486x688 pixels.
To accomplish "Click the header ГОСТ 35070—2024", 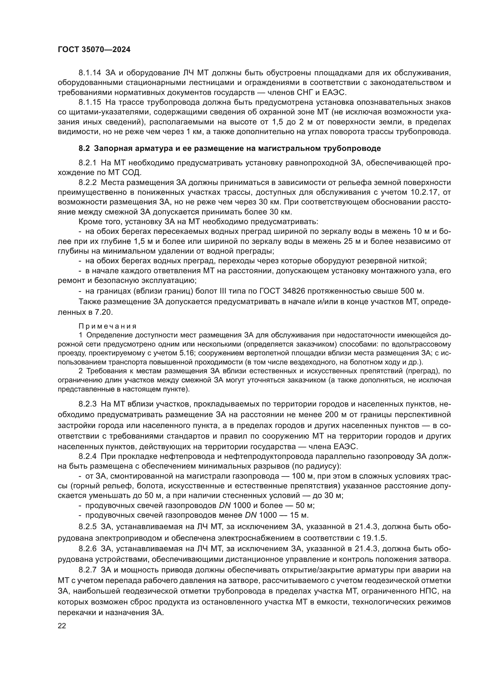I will (94, 50).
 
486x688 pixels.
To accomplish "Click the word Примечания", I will (108, 326).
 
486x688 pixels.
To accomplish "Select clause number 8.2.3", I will (88, 404).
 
